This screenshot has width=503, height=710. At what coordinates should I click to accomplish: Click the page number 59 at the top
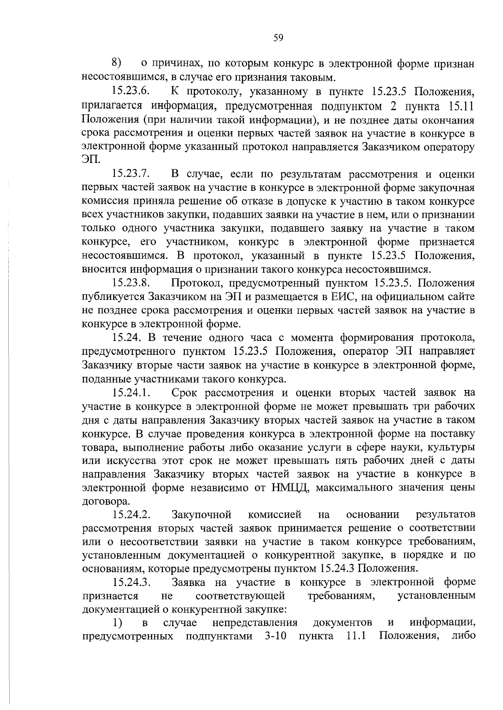(x=278, y=38)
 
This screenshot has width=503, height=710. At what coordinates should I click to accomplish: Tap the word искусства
(x=128, y=461)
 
